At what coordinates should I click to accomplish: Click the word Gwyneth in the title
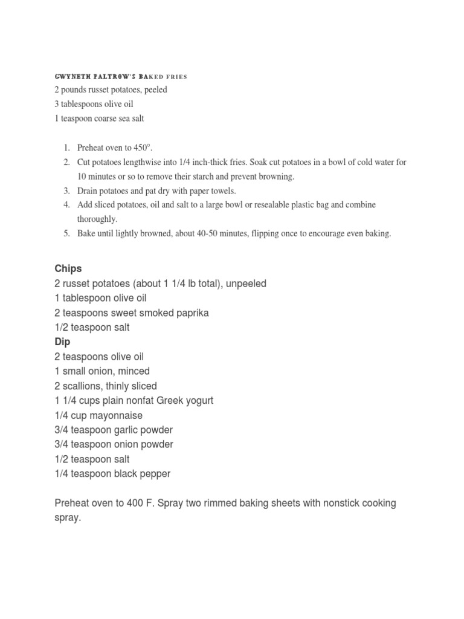(x=71, y=77)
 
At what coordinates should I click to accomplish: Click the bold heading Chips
(x=68, y=268)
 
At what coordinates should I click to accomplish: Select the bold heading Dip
(x=62, y=342)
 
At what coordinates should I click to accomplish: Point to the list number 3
(x=66, y=191)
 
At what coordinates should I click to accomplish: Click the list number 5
(x=66, y=233)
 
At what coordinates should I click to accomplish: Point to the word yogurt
(x=198, y=400)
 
